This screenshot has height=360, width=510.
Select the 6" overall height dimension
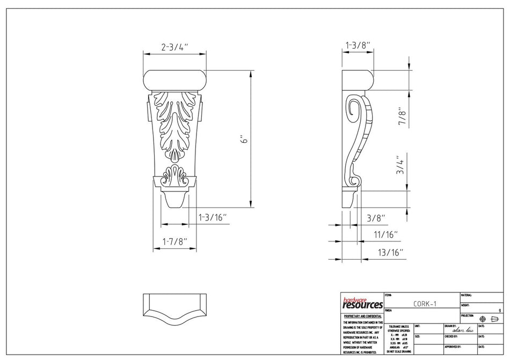pyautogui.click(x=244, y=139)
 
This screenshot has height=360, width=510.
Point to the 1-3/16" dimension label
pyautogui.click(x=213, y=217)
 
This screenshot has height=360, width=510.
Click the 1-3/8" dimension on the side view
pyautogui.click(x=358, y=46)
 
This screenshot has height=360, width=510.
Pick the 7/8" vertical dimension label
pyautogui.click(x=401, y=115)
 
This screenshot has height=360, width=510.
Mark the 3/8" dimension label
pyautogui.click(x=376, y=218)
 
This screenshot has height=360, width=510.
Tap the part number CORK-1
pyautogui.click(x=425, y=304)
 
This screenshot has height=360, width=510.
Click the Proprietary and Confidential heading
pyautogui.click(x=362, y=317)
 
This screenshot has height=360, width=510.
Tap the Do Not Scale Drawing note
pyautogui.click(x=398, y=351)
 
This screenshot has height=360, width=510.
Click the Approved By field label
pyautogui.click(x=452, y=347)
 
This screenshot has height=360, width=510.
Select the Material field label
pyautogui.click(x=466, y=295)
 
